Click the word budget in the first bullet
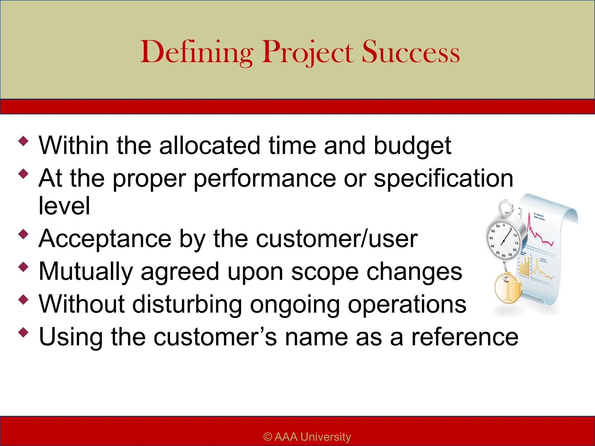pyautogui.click(x=412, y=145)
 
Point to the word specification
pyautogui.click(x=443, y=178)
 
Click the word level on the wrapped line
pyautogui.click(x=64, y=206)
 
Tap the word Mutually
pyautogui.click(x=86, y=271)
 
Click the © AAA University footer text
pyautogui.click(x=307, y=437)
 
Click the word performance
pyautogui.click(x=265, y=178)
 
